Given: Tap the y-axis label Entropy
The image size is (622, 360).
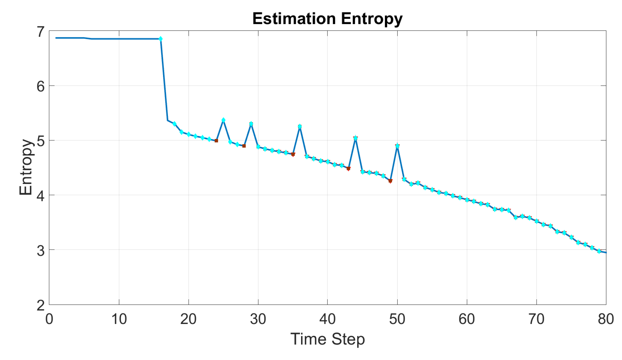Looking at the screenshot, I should (26, 167).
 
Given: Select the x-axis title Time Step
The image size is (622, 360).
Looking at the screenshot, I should (327, 339).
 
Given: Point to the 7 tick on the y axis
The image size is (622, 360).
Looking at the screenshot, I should (41, 32).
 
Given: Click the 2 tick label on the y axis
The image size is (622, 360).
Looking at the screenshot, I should (41, 305).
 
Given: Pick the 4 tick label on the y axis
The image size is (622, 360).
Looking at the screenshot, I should (41, 196).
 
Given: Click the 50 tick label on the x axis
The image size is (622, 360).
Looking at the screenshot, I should (397, 319).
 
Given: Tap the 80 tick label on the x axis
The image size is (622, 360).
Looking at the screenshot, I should (605, 319).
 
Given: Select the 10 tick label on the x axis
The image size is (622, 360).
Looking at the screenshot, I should (119, 319).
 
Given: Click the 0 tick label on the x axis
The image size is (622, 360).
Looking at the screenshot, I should (49, 319).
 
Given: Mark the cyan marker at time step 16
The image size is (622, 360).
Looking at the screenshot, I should (160, 39).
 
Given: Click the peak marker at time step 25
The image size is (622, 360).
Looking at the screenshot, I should (223, 120).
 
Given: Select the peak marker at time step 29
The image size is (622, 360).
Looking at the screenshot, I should (251, 124).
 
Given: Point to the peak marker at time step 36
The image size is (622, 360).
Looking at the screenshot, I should (300, 126).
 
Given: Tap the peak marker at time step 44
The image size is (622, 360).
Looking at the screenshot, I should (355, 138).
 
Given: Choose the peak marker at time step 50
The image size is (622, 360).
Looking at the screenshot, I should (397, 146).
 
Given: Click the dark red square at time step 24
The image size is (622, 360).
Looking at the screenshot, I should (216, 141).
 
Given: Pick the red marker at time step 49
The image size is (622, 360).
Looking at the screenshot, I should (390, 181).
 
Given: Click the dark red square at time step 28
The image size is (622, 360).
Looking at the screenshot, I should (244, 146).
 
